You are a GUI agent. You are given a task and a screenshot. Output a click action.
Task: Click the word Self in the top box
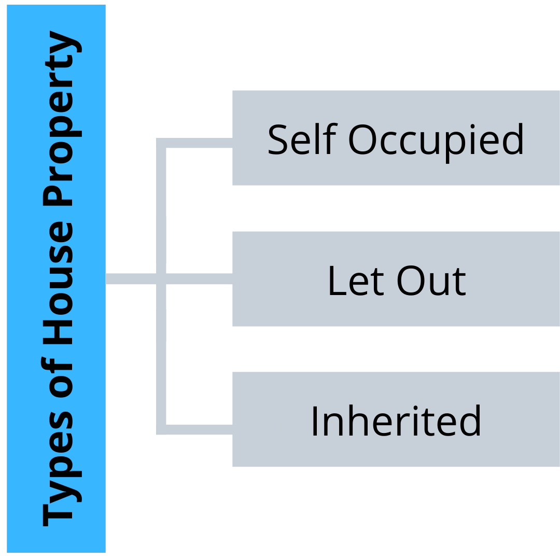[x=302, y=139]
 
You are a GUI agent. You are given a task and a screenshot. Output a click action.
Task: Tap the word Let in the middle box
[x=356, y=281]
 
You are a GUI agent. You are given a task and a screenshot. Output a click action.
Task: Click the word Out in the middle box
[x=431, y=281]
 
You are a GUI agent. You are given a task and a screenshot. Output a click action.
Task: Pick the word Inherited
[x=396, y=421]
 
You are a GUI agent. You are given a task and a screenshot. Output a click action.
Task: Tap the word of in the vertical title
[x=57, y=376]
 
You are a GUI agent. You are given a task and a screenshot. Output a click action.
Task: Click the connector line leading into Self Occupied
[x=194, y=143]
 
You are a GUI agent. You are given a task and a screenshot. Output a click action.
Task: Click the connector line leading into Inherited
[x=194, y=430]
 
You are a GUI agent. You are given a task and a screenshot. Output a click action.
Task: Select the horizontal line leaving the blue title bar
[x=131, y=278]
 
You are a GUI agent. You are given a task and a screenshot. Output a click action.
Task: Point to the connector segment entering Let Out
[x=199, y=278]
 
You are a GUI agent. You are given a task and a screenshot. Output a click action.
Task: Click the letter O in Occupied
[x=362, y=139]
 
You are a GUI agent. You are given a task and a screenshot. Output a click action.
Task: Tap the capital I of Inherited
[x=315, y=421]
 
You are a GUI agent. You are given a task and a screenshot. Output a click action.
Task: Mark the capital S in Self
[x=278, y=139]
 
